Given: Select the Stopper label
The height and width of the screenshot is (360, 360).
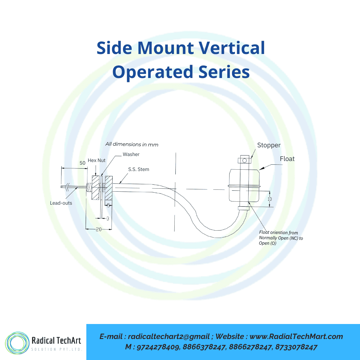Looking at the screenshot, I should point(269,145).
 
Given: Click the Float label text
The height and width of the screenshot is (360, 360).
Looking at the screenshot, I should point(287,159).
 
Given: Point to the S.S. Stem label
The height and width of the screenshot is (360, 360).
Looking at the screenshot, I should point(139,169).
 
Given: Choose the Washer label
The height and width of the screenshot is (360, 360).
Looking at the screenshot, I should point(131,154).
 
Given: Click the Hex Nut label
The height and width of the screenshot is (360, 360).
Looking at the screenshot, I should point(96,160).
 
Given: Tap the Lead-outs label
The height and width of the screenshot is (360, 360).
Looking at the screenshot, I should point(61,203).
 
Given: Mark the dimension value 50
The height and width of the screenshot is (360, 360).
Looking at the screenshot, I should point(82,163).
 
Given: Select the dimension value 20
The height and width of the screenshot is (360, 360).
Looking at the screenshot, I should point(99,229).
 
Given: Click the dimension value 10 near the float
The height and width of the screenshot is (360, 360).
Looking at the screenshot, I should point(270,199).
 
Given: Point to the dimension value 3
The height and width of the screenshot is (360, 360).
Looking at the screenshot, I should point(108,218).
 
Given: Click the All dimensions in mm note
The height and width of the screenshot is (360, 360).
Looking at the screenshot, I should point(132,144).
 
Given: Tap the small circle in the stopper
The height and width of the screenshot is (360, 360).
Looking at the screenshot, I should point(244,160).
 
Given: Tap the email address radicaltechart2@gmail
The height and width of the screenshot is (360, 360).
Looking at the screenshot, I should point(169,337).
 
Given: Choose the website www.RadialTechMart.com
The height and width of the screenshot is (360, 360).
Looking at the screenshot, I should point(296,337).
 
